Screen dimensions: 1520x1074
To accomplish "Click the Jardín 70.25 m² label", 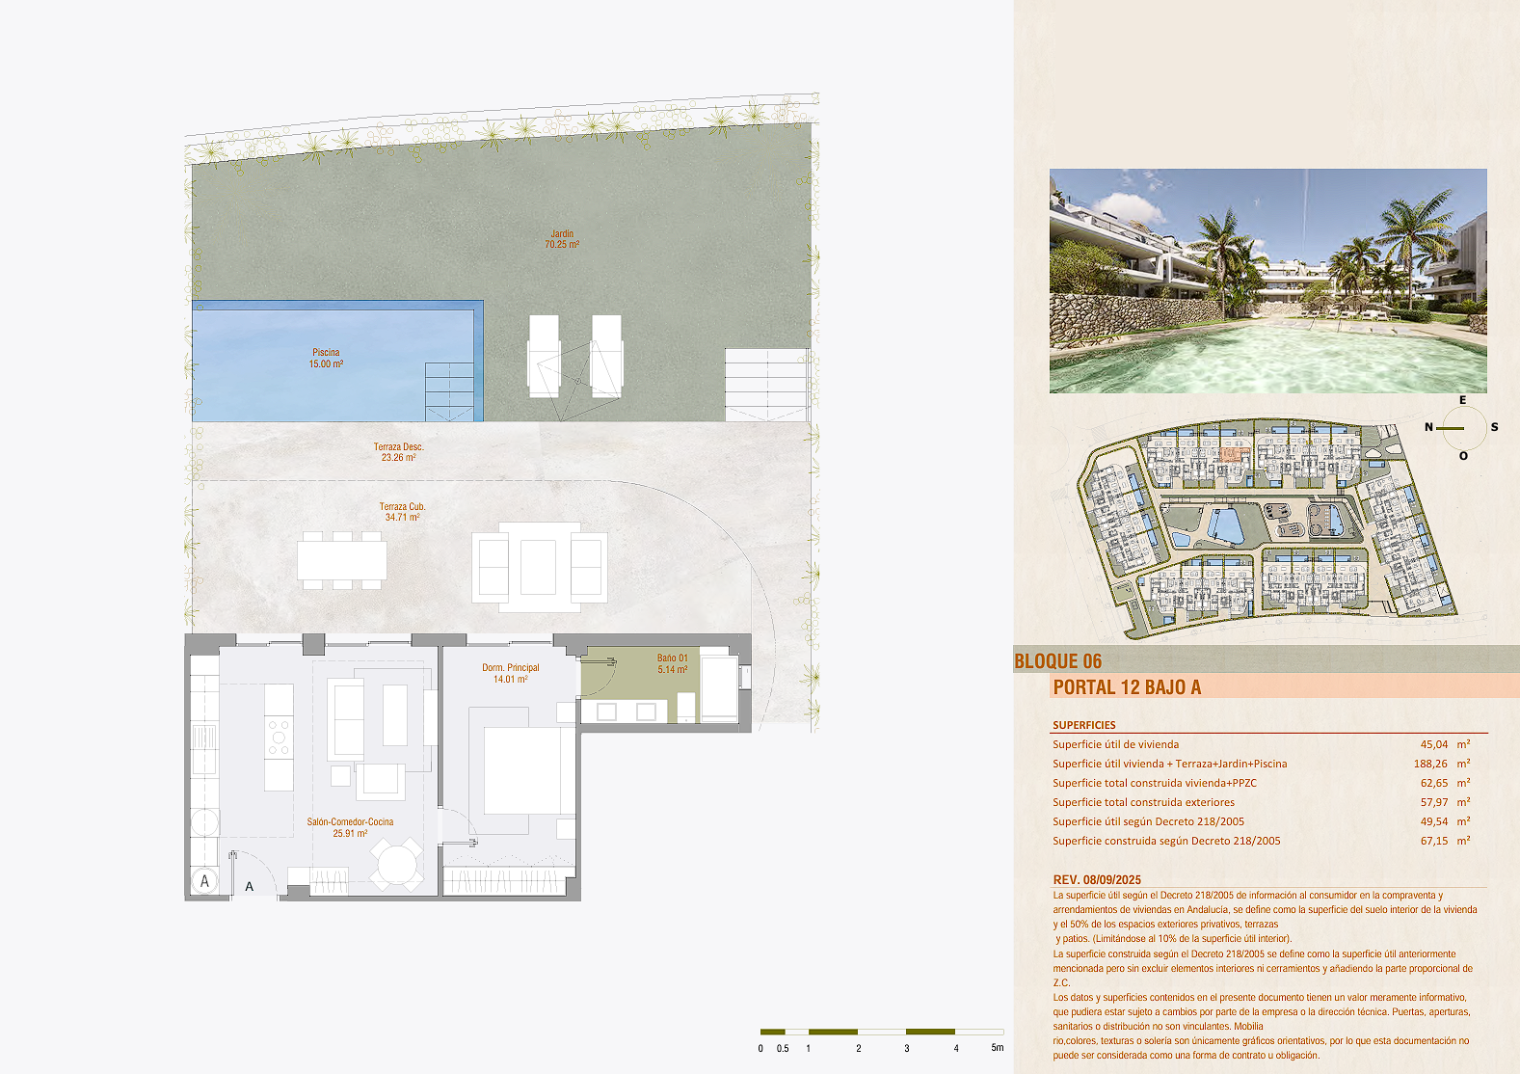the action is click(x=562, y=239).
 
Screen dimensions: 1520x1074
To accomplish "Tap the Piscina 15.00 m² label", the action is click(x=327, y=358).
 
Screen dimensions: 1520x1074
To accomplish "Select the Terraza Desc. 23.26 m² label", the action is click(x=398, y=452).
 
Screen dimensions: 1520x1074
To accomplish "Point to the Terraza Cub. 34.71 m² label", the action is click(x=402, y=512).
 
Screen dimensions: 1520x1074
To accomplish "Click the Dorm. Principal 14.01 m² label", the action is click(x=511, y=674).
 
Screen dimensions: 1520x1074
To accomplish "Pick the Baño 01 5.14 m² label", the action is click(x=673, y=664).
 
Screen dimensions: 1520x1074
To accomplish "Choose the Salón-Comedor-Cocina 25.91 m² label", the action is click(x=350, y=827).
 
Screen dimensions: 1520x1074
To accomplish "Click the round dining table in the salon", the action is click(x=397, y=864).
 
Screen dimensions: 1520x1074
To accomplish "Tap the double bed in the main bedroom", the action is click(x=521, y=770).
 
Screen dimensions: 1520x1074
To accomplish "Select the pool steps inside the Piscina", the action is click(x=449, y=391).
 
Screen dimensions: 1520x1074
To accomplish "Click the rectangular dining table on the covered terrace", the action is click(x=342, y=561).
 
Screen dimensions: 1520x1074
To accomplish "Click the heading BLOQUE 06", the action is click(x=1058, y=661).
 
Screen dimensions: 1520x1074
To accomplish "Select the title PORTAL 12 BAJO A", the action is click(x=1127, y=687).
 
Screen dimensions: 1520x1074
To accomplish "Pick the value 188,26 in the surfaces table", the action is click(x=1430, y=764).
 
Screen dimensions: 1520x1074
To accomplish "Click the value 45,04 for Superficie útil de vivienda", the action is click(x=1434, y=744).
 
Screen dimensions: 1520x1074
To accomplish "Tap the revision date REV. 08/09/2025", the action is click(x=1097, y=880).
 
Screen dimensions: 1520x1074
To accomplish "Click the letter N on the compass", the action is click(x=1428, y=427).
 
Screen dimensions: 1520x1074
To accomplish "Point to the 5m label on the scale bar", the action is click(x=998, y=1048).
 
